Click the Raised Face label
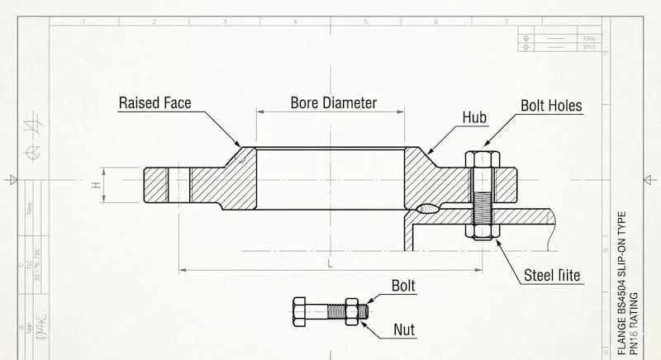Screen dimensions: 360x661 coord(155,103)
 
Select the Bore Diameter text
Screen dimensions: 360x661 coord(333,103)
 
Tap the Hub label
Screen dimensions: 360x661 coord(474,117)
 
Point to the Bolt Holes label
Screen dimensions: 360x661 coord(551,106)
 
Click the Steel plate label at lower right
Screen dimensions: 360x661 coord(552,275)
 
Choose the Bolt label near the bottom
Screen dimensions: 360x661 coord(403,287)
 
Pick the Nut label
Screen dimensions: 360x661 coord(404,330)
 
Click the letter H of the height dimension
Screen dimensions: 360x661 coord(96,185)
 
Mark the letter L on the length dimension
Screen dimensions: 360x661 coord(330,263)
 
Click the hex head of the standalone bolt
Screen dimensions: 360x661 coord(300,311)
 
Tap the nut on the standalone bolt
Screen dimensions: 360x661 coord(352,311)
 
